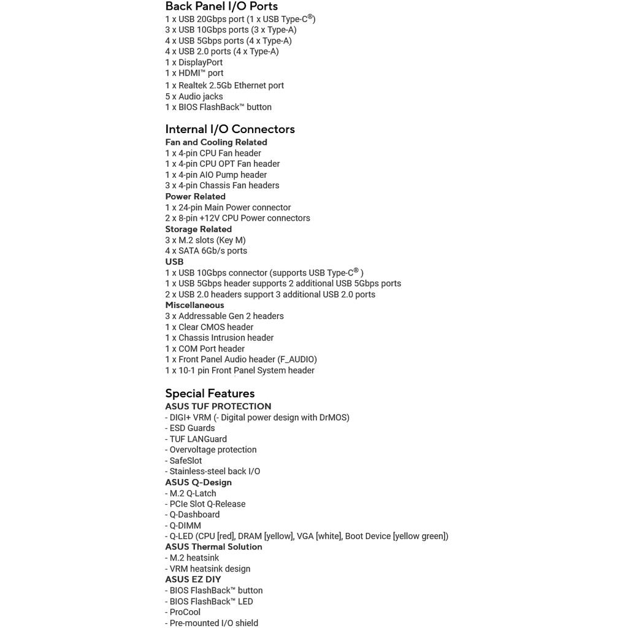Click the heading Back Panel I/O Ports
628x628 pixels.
221,7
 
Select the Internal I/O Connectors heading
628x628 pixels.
230,129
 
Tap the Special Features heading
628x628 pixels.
210,393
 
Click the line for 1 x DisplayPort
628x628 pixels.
194,63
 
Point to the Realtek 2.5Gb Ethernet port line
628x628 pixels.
224,85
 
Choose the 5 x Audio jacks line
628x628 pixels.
194,96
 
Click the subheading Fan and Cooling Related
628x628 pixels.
216,142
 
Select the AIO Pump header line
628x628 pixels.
216,175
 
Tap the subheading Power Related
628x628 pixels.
195,197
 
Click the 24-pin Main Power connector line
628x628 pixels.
228,207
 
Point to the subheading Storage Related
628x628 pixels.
198,229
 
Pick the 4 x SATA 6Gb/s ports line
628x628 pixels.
206,251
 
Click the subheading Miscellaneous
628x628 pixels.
194,305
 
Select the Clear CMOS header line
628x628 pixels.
209,327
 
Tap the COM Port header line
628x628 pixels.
205,349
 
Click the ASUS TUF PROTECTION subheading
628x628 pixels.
218,407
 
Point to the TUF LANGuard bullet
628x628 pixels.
196,439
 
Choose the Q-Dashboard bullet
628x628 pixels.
193,515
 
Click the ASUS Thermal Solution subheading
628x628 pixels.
213,547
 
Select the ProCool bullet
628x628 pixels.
183,612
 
